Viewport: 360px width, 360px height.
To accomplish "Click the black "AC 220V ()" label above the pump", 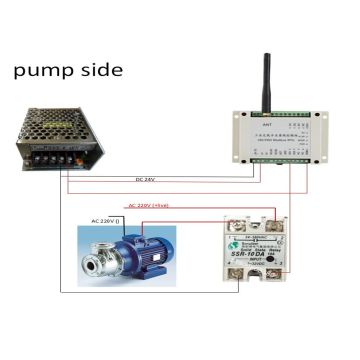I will click(x=108, y=220).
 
